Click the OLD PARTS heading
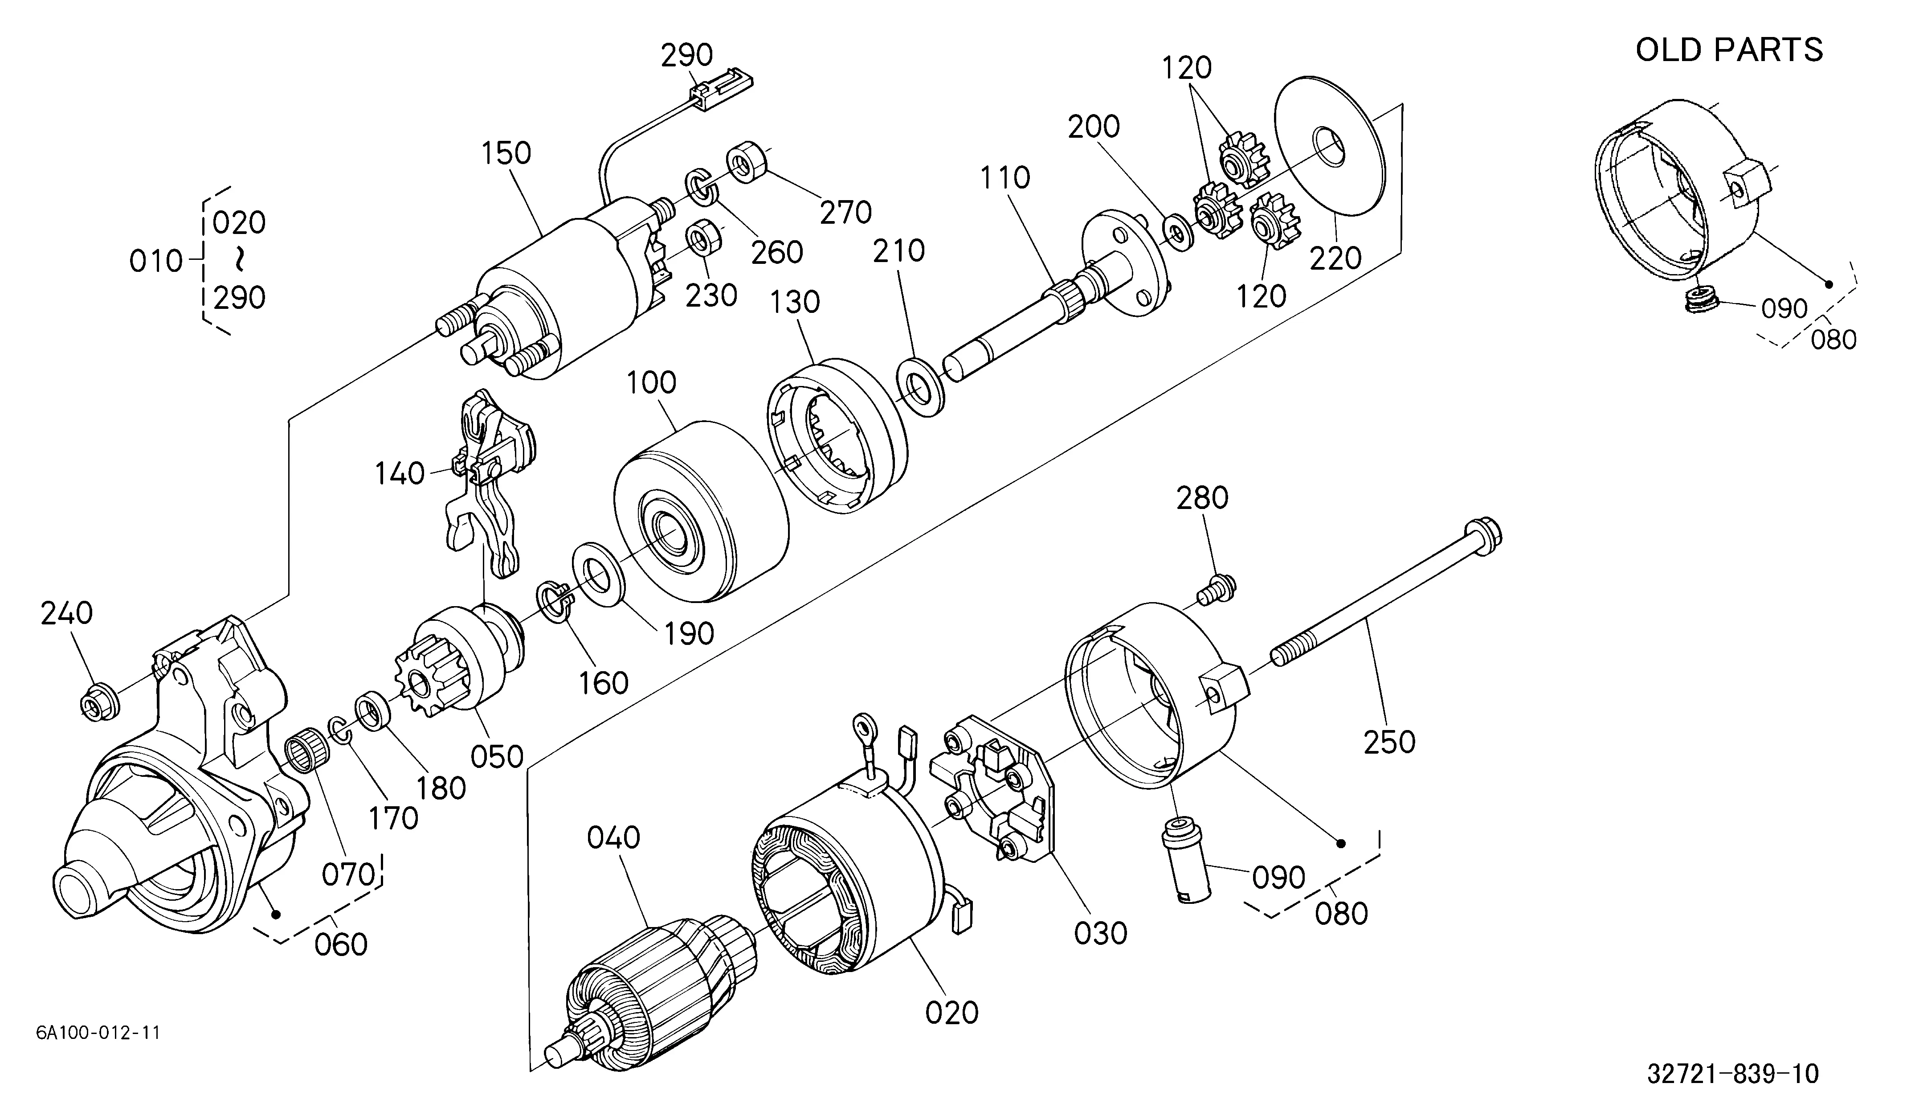coord(1729,50)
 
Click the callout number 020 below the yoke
coord(952,1013)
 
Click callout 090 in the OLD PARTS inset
coord(1784,309)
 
